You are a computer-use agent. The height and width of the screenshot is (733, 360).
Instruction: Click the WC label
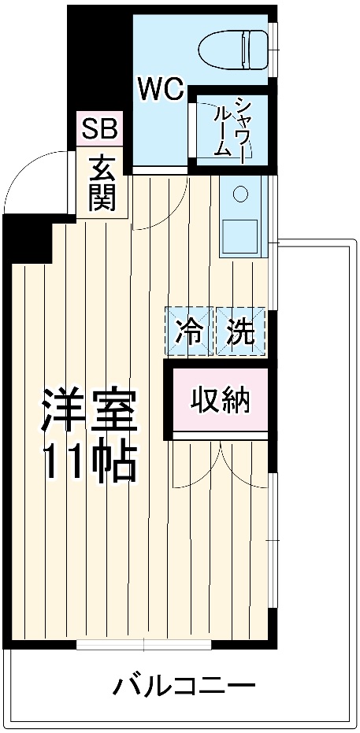click(161, 89)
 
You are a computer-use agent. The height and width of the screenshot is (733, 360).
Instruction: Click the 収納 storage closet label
click(220, 398)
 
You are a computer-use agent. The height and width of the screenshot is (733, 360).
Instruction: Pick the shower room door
click(192, 130)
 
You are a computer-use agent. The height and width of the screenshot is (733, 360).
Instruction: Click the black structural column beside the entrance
click(28, 240)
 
